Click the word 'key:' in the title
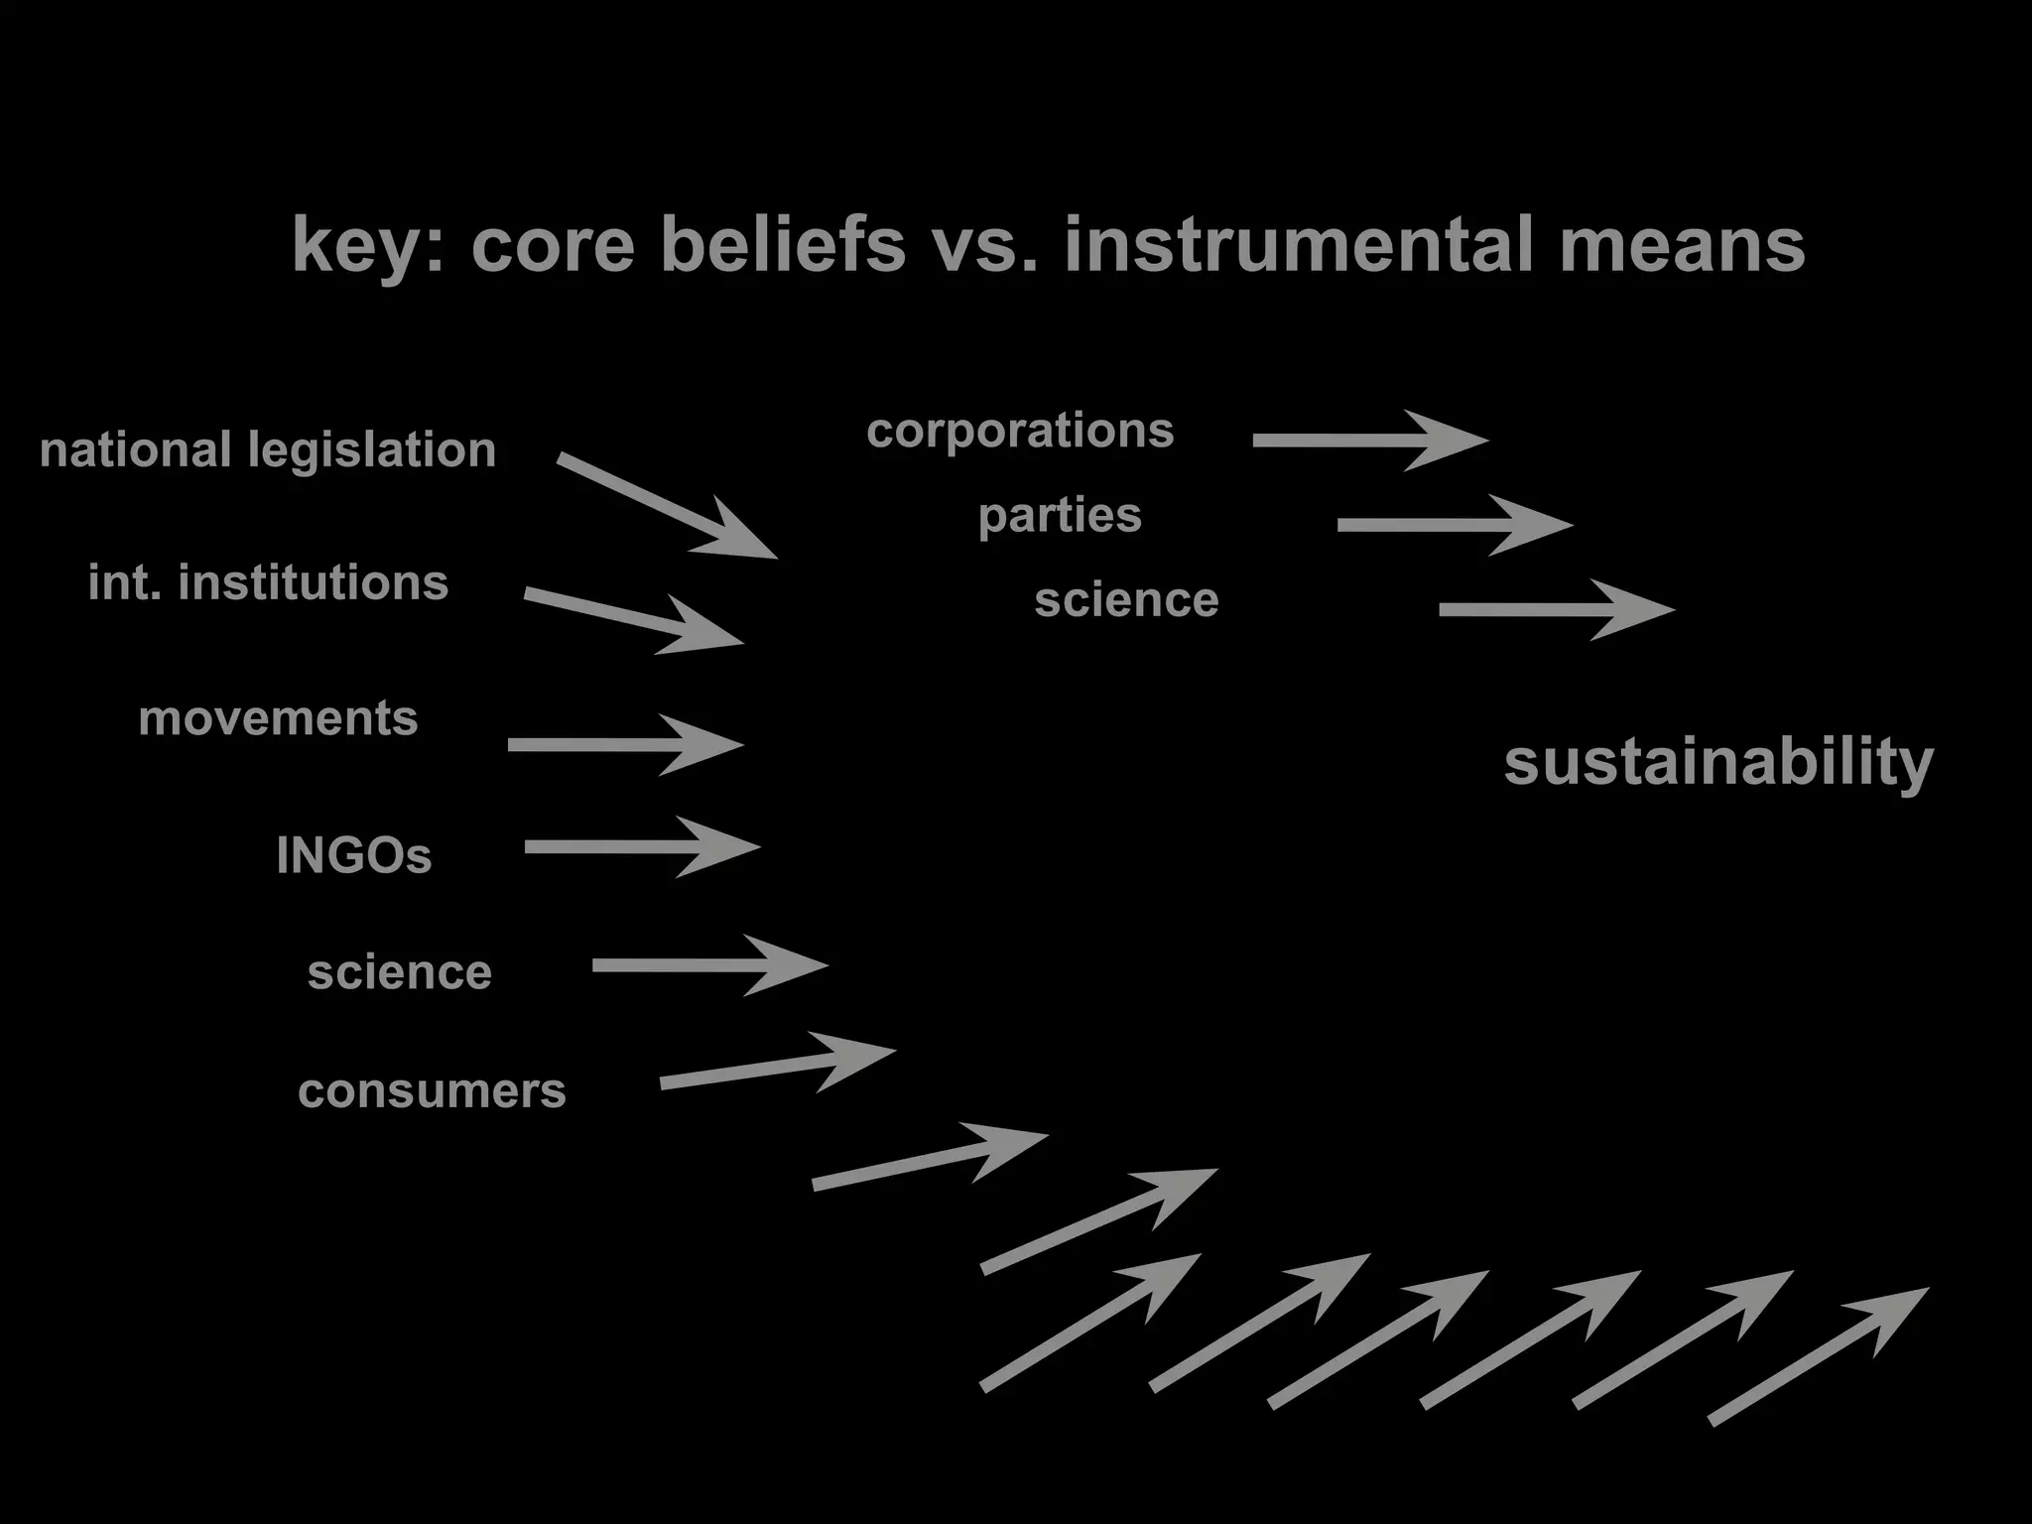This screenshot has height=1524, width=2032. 367,246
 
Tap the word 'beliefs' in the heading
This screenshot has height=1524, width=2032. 783,244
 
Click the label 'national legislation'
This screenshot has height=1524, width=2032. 268,450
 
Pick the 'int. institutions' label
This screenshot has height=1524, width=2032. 268,582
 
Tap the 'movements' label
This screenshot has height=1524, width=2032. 278,718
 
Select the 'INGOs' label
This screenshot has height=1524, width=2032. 354,855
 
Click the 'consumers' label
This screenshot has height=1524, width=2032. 432,1091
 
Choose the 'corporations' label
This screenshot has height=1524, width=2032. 1020,431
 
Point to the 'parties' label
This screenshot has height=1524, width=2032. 1060,515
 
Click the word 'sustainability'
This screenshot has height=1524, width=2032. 1718,762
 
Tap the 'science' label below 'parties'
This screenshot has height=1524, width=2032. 1126,600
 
